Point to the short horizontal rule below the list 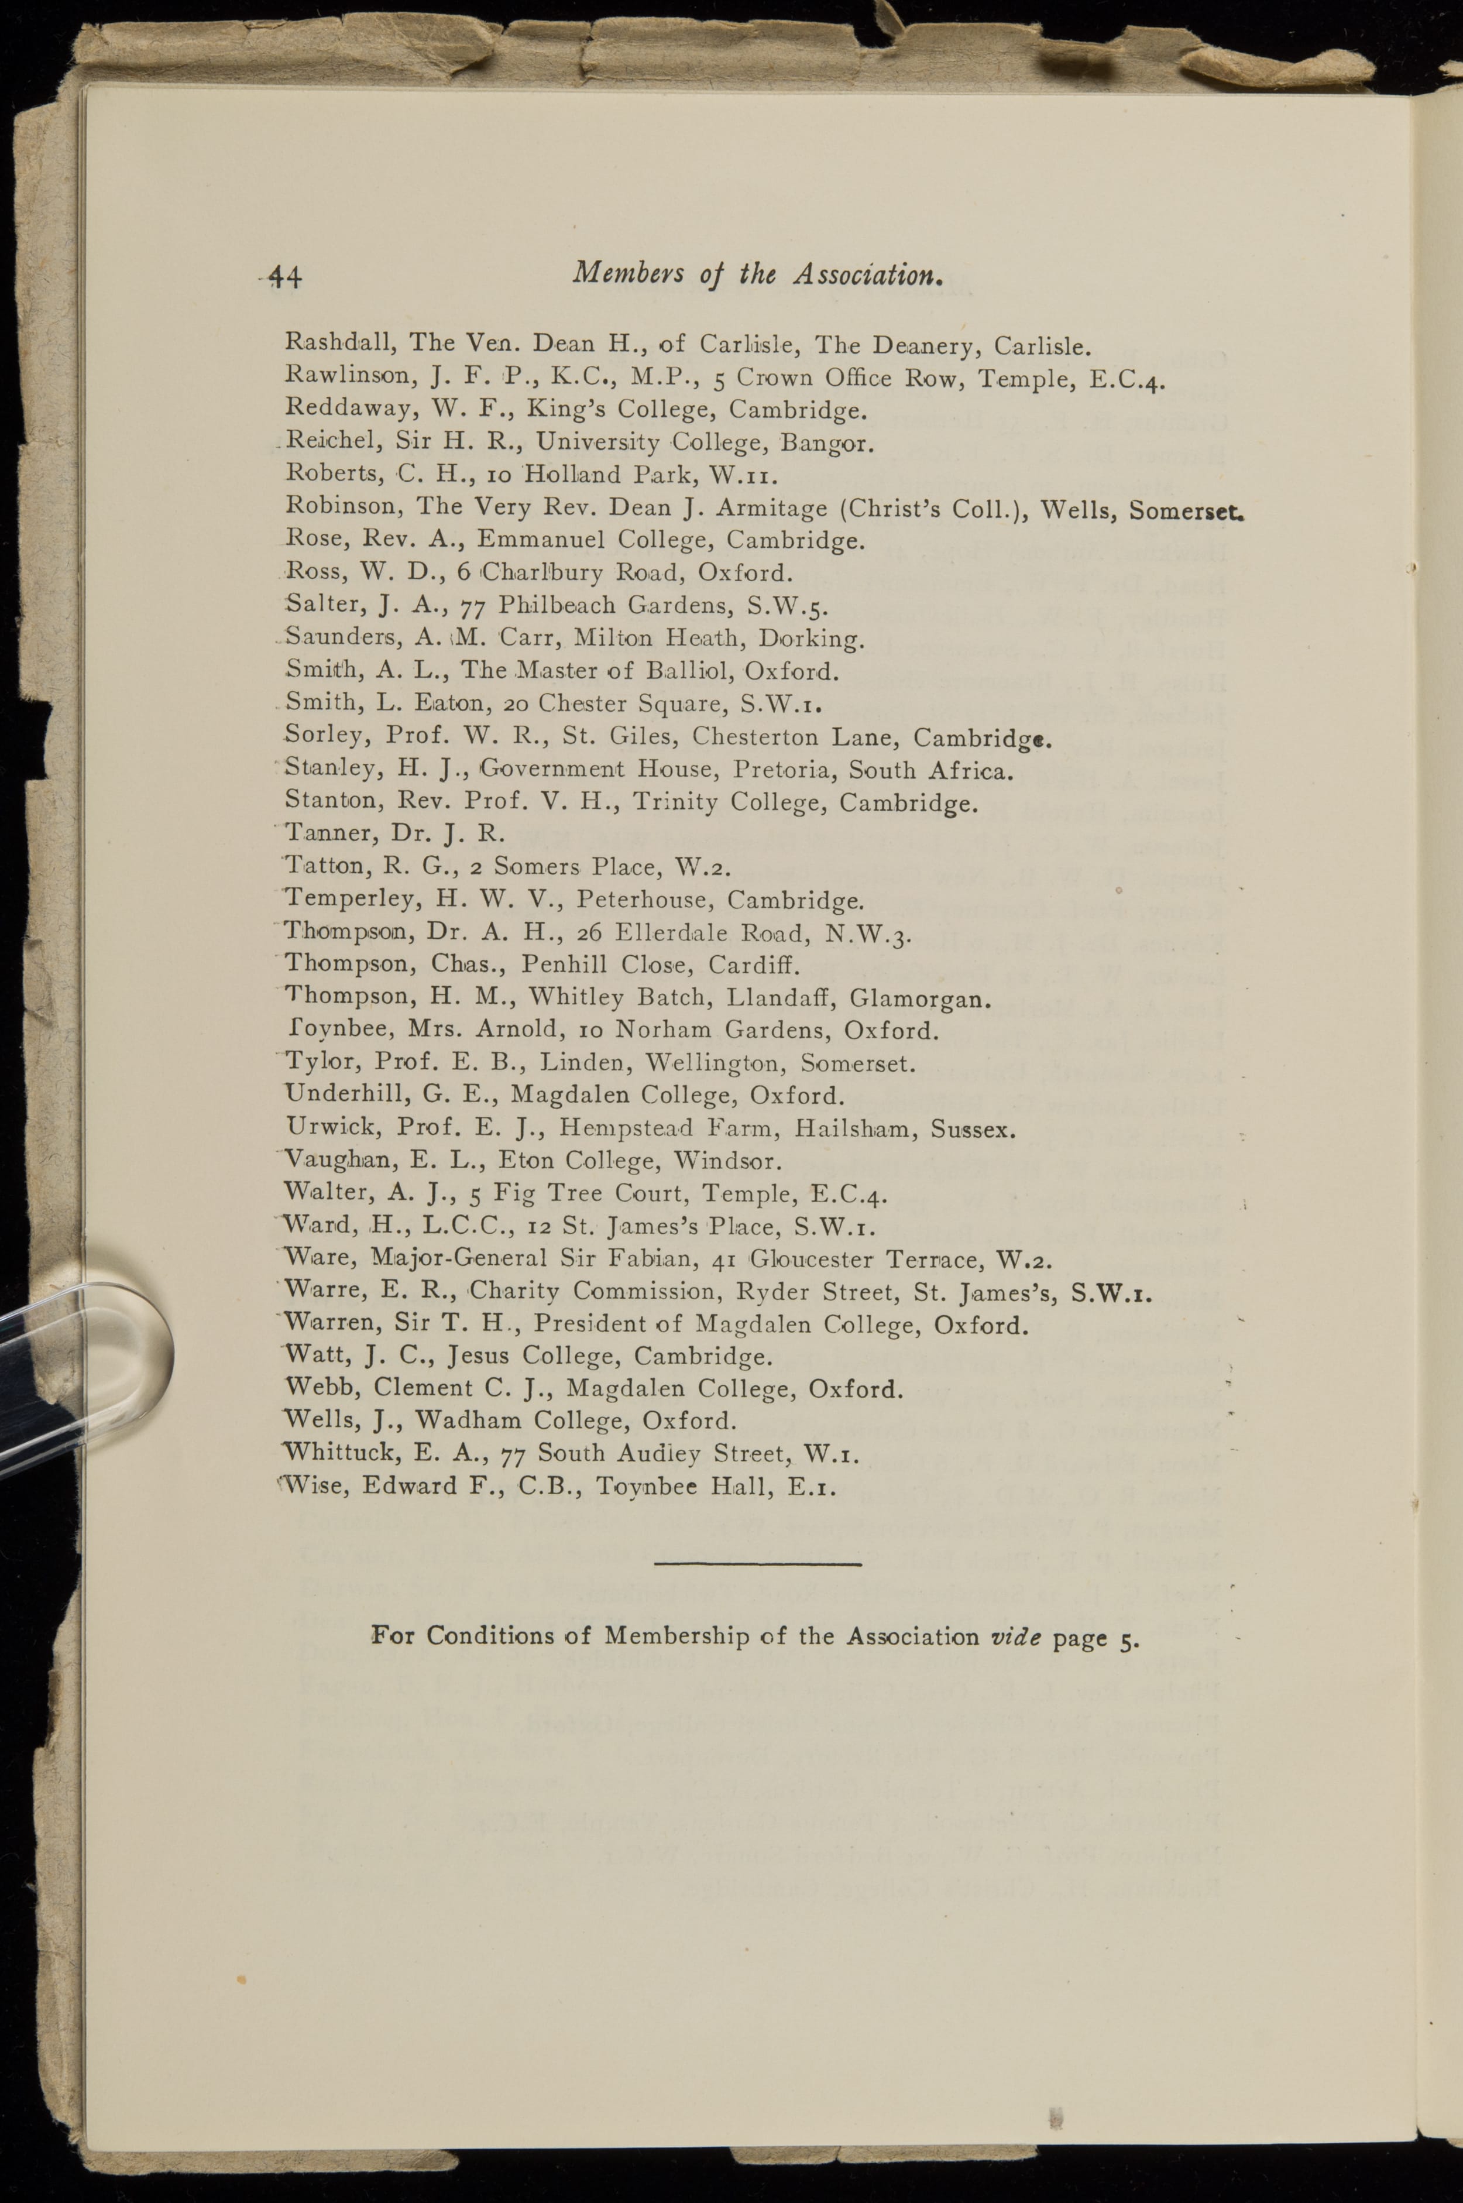click(x=758, y=1563)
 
